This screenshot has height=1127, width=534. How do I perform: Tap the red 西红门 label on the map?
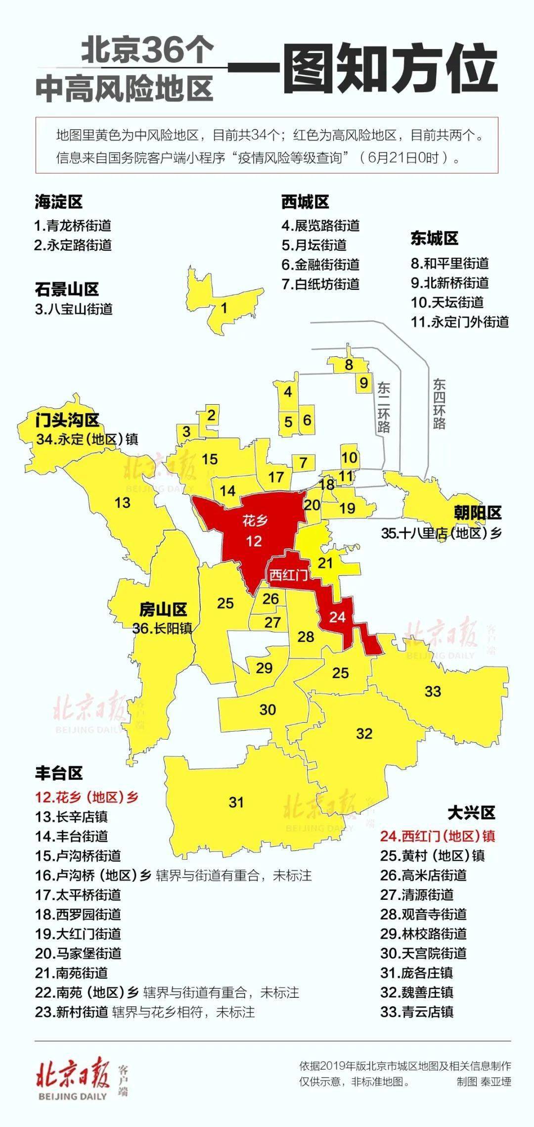[x=288, y=575]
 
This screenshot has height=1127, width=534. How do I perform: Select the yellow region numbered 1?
[x=224, y=308]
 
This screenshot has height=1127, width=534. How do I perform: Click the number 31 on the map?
[x=236, y=802]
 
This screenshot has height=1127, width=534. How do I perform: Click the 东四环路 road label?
[x=439, y=404]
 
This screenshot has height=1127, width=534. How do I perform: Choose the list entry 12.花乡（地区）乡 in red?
[x=87, y=797]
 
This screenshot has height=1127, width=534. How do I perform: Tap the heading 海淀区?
[x=58, y=202]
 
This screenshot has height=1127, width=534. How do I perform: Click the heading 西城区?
[x=305, y=202]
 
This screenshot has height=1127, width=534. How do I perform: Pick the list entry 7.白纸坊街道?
[x=320, y=284]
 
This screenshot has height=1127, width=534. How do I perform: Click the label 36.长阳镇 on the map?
[x=162, y=628]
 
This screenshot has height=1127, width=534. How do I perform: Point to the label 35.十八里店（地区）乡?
[x=441, y=533]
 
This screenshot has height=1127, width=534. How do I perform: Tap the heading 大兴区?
[x=471, y=812]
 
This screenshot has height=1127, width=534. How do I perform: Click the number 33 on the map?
[x=433, y=691]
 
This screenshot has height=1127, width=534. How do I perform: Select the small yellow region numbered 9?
[x=364, y=383]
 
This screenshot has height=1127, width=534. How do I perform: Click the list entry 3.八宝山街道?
[x=74, y=309]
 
